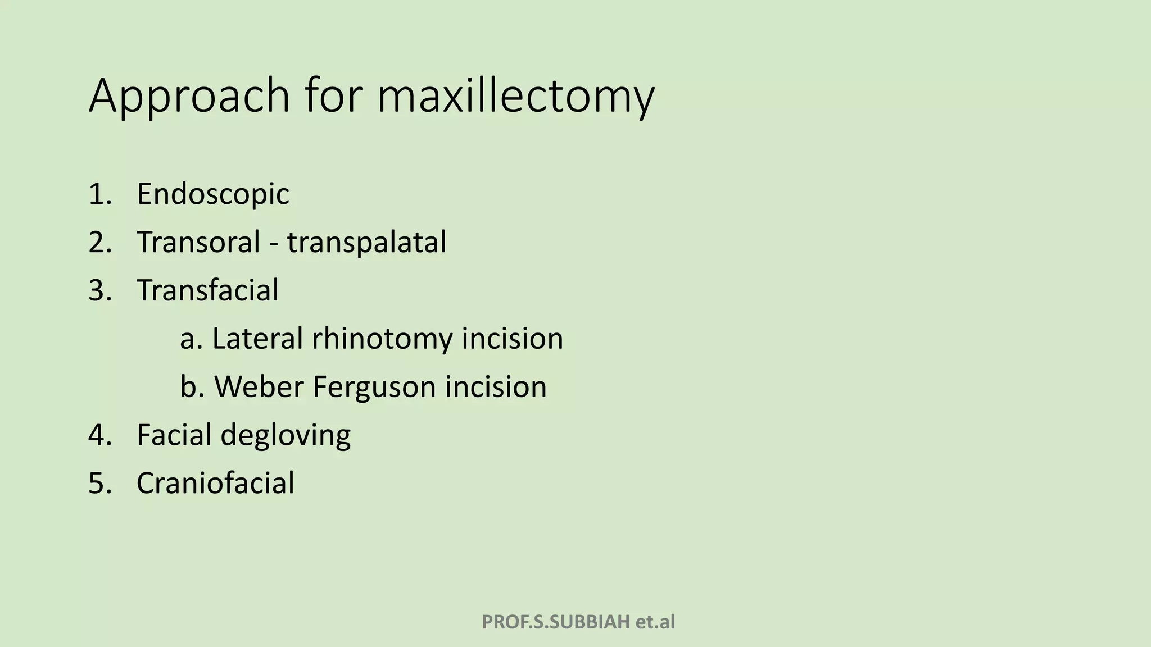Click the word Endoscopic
tap(213, 194)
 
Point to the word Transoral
tap(198, 242)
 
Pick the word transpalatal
tap(366, 243)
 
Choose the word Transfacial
tap(207, 290)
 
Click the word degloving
tap(286, 436)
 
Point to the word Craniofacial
tap(215, 483)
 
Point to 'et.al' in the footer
tap(655, 622)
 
